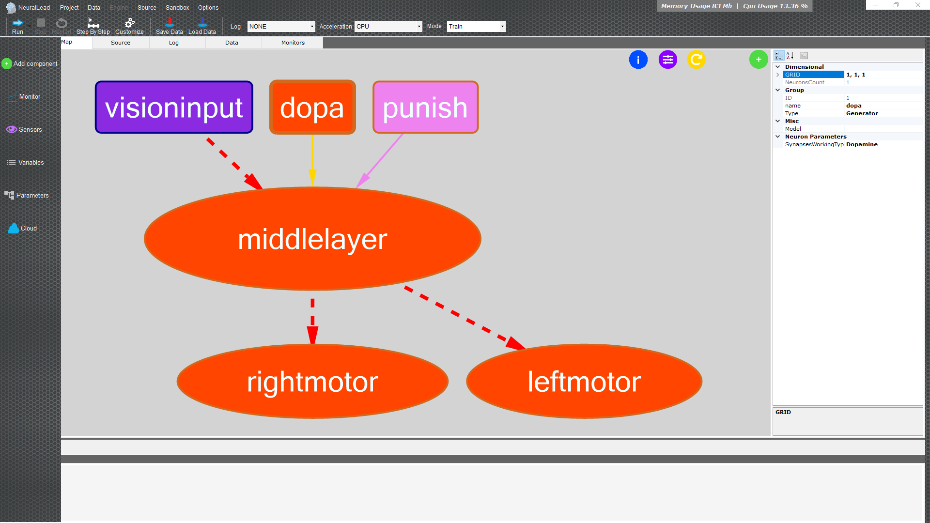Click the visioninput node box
[174, 107]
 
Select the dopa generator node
[312, 107]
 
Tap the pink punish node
[425, 107]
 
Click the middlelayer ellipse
[312, 239]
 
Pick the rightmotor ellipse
[312, 382]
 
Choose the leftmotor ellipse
[584, 382]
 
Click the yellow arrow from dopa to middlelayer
[312, 160]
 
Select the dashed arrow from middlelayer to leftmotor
[465, 318]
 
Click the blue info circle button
[638, 60]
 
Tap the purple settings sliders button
[668, 60]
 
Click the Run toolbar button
[17, 26]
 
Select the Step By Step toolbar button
[93, 26]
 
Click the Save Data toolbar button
[170, 26]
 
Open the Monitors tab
[293, 43]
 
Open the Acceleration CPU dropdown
[388, 26]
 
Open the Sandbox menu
[177, 7]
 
